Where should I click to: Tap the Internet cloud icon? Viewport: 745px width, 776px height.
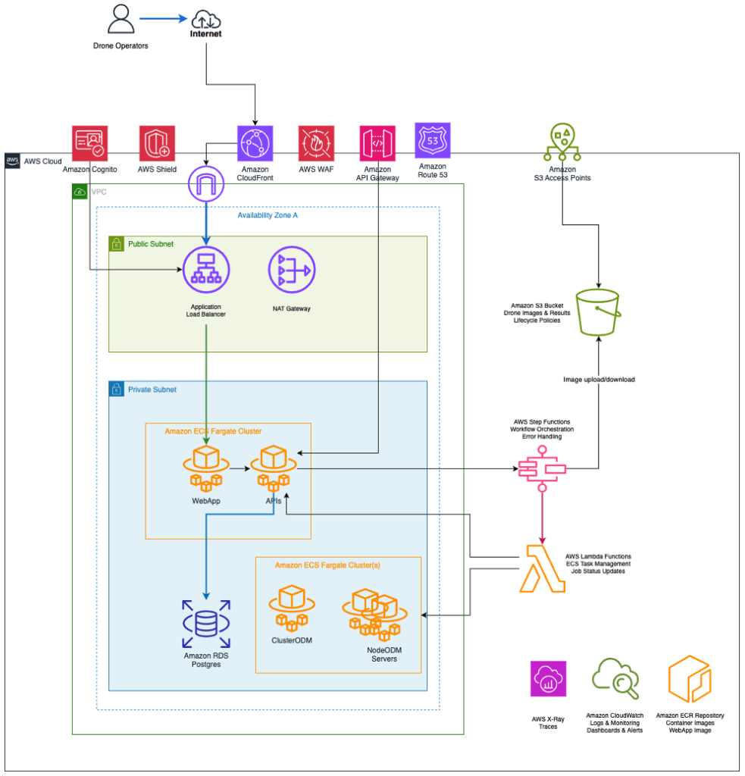coord(205,19)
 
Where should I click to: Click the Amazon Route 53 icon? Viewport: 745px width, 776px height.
coord(432,140)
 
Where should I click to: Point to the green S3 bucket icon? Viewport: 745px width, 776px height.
coord(599,311)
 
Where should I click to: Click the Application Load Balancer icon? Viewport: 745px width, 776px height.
coord(206,271)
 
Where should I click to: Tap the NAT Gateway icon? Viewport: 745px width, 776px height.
coord(292,271)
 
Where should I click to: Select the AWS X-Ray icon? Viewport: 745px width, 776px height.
coord(548,678)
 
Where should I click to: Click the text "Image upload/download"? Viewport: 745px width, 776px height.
coord(599,379)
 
